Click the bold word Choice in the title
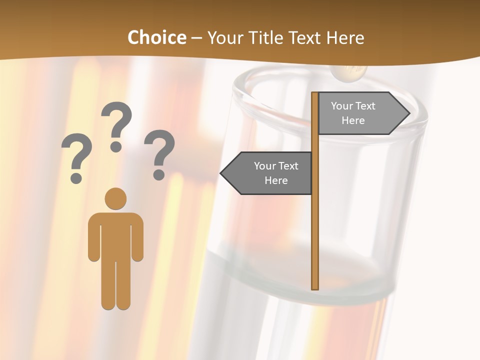click(x=156, y=38)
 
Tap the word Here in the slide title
click(x=345, y=38)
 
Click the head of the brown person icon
click(x=115, y=198)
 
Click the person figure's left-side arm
click(x=93, y=237)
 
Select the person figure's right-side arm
click(x=137, y=237)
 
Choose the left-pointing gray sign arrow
click(x=267, y=173)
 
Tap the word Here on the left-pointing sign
click(x=276, y=180)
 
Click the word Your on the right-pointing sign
click(x=342, y=106)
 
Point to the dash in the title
click(x=196, y=38)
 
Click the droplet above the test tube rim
click(x=348, y=73)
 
